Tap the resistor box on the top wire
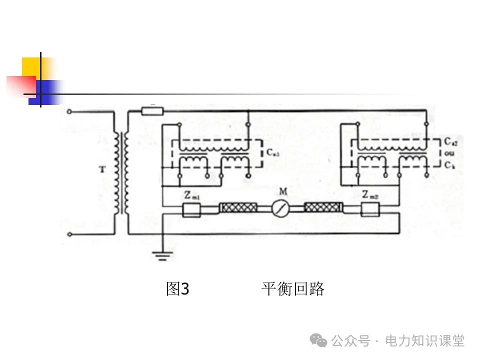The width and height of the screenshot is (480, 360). [x=152, y=110]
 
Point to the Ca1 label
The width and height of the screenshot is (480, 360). [x=272, y=154]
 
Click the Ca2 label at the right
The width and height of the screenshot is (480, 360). [x=448, y=142]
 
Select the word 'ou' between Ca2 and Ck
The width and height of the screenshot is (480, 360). [x=447, y=153]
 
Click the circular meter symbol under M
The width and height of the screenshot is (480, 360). [x=281, y=208]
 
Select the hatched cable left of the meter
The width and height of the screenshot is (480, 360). [x=238, y=208]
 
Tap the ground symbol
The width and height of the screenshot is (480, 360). [x=161, y=256]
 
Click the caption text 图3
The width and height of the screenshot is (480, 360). [x=177, y=289]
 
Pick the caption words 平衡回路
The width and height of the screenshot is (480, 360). [x=292, y=289]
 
